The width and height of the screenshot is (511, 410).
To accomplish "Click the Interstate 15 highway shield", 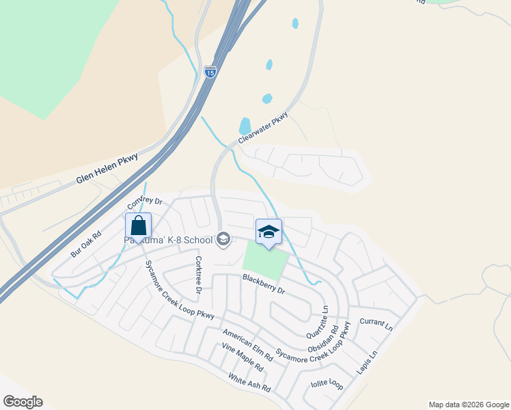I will tap(210, 71).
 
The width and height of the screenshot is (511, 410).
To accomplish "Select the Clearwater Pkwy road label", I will tap(264, 128).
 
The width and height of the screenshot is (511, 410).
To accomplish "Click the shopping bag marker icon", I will tap(138, 226).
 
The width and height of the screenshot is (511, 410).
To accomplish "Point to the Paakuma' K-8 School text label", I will tap(168, 239).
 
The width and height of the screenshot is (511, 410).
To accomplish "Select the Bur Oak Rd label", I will tap(86, 244).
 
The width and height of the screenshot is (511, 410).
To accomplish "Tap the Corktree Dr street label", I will tap(199, 275).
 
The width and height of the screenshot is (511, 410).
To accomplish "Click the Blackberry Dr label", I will tap(263, 283).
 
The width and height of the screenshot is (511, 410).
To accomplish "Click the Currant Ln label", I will tap(376, 323).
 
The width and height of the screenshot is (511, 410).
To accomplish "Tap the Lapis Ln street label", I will tap(367, 364).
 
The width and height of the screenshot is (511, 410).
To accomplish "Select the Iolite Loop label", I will tap(327, 384).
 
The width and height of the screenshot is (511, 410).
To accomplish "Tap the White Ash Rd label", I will tap(249, 383).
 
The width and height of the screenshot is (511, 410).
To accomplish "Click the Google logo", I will tap(23, 402).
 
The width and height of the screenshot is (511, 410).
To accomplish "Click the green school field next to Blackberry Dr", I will tap(264, 261).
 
